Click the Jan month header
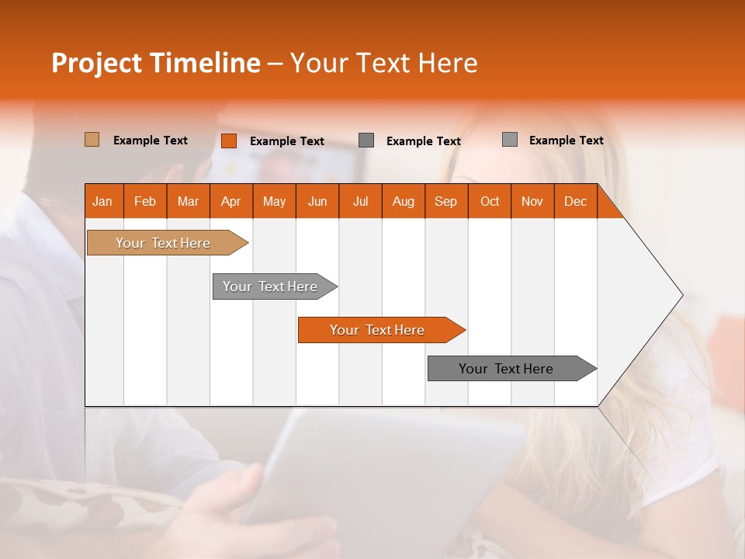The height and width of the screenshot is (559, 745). [x=103, y=202]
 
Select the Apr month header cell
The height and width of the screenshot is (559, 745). [x=231, y=202]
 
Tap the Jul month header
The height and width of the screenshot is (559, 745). [x=360, y=202]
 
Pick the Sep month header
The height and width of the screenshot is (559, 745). [x=446, y=202]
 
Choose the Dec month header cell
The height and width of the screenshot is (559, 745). [x=575, y=202]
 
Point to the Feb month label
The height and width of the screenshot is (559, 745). [x=145, y=202]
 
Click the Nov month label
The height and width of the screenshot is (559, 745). [x=532, y=202]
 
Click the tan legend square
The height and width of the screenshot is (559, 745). [x=92, y=140]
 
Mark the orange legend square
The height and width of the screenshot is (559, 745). [x=229, y=141]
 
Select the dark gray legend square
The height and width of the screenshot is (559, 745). [x=366, y=141]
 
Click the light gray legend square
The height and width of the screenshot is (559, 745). [x=510, y=140]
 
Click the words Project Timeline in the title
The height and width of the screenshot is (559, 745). [x=156, y=63]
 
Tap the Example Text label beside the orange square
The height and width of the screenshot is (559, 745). [x=287, y=141]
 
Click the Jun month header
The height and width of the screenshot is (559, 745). [x=317, y=202]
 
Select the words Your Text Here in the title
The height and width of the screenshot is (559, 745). [x=383, y=63]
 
